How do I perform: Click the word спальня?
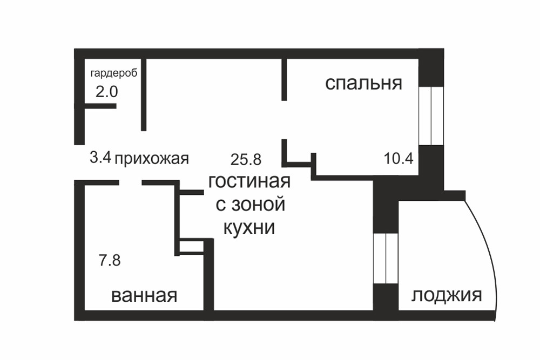[363, 84]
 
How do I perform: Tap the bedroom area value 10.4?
[399, 158]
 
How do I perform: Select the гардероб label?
[113, 73]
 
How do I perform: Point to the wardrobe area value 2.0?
[106, 91]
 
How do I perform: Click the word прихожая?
[152, 158]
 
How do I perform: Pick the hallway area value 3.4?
[100, 158]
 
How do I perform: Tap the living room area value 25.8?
[246, 159]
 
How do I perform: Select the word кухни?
[249, 227]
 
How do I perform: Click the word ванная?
[144, 295]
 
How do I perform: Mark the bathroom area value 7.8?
[109, 261]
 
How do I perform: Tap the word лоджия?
[447, 295]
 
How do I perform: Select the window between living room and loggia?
[386, 259]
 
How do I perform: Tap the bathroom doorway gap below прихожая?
[130, 183]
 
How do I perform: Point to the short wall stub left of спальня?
[283, 79]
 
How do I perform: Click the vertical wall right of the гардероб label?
[144, 94]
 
